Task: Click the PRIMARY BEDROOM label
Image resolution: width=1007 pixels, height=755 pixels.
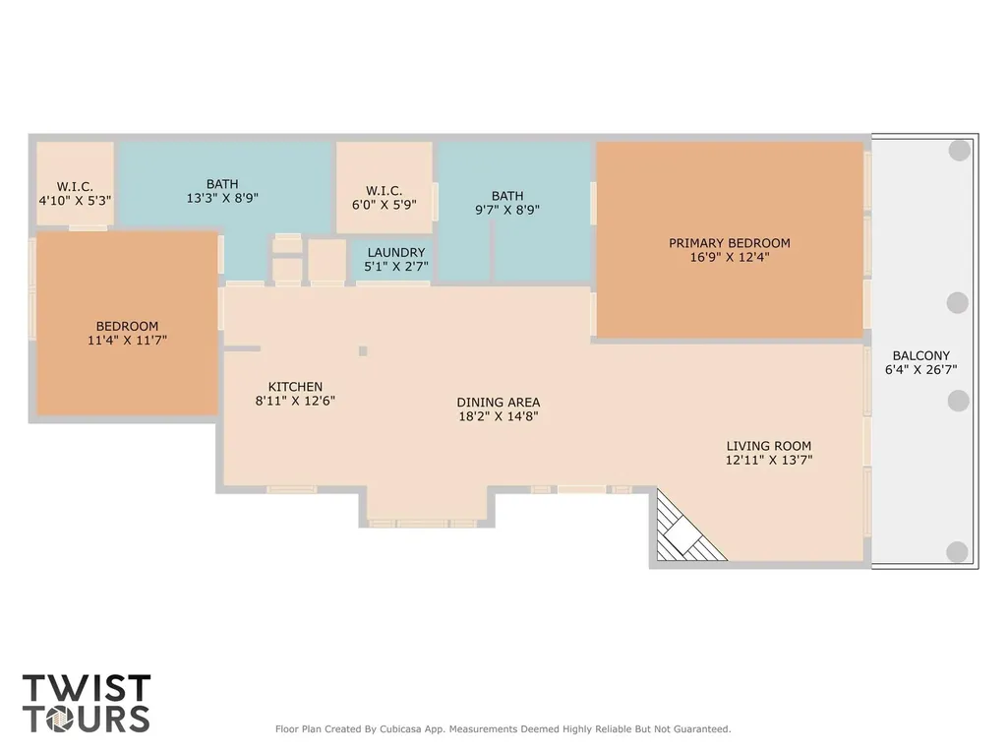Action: [729, 243]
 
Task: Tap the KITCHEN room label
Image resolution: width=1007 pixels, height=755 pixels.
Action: [295, 387]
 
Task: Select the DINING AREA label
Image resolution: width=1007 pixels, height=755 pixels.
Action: [499, 403]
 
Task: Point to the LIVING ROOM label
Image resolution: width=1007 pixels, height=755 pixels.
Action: [769, 446]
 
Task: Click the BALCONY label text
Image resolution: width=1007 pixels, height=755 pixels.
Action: [920, 355]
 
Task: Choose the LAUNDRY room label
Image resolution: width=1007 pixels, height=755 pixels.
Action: [396, 253]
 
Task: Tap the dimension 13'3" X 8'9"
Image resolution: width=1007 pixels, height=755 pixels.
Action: [222, 198]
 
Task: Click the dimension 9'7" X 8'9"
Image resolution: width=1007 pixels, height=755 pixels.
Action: [507, 210]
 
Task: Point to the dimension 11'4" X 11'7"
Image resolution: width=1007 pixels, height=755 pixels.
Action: [127, 341]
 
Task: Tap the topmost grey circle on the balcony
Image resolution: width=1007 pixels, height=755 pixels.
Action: [960, 151]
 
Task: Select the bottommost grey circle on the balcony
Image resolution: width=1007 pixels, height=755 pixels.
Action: [957, 552]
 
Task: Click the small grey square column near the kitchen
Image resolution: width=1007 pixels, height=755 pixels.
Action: [363, 351]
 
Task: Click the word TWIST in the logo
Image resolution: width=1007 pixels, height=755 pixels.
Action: [87, 688]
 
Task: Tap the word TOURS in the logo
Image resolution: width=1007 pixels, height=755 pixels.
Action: [87, 719]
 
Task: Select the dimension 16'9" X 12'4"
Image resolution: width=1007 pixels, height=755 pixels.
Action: [730, 257]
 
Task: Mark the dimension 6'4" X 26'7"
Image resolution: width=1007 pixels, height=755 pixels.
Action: [920, 370]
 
